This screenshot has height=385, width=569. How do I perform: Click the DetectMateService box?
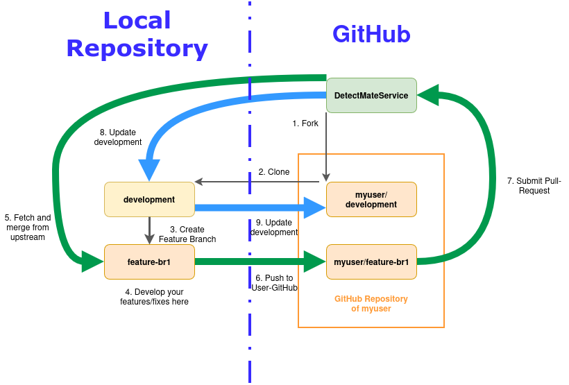click(371, 95)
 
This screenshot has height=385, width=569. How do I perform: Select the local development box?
click(149, 199)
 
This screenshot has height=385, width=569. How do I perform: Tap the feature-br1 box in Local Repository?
click(149, 262)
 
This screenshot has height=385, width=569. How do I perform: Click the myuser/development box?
click(371, 199)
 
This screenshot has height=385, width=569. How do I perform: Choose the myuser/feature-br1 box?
click(371, 262)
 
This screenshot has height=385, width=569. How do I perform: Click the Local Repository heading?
click(137, 34)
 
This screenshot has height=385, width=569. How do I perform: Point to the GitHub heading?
click(371, 34)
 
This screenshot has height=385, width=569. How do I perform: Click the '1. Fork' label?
click(305, 123)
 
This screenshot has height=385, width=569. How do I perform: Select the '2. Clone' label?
click(274, 172)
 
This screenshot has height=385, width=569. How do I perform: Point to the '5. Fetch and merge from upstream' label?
click(28, 228)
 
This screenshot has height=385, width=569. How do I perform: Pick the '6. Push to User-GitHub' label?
click(274, 282)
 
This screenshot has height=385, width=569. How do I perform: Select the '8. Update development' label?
click(121, 137)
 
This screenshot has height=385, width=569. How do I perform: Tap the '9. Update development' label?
click(274, 227)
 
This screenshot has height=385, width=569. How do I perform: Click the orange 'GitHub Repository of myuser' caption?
click(371, 304)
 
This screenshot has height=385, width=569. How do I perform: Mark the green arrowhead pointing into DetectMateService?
click(427, 95)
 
